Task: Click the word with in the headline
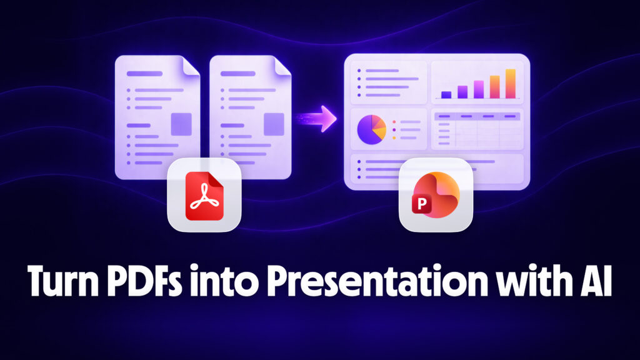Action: tap(516, 284)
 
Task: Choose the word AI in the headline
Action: tap(592, 284)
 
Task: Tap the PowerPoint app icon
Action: tap(436, 196)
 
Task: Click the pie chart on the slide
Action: tap(371, 128)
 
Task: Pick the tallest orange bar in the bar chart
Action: tap(510, 84)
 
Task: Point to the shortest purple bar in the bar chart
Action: tap(446, 94)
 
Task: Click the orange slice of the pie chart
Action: tap(379, 124)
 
